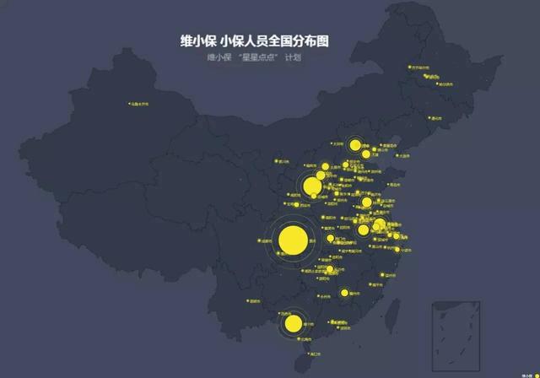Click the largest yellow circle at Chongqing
click(292, 240)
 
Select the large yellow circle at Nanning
click(294, 323)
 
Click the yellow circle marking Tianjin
click(364, 157)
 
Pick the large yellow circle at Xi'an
click(312, 186)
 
